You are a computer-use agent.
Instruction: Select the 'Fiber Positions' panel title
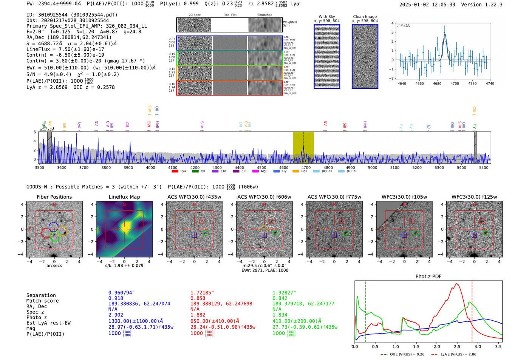(x=54, y=197)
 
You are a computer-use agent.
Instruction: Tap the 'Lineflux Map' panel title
(x=124, y=197)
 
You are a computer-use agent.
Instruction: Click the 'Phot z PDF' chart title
(x=428, y=277)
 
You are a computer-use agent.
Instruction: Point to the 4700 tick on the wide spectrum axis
(x=306, y=167)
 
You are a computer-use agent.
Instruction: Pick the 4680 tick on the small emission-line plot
(x=437, y=83)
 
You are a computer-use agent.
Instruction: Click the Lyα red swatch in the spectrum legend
(x=175, y=172)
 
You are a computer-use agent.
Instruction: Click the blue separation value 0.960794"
(x=121, y=293)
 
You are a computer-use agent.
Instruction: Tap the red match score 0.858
(x=198, y=298)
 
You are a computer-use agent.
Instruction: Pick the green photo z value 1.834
(x=280, y=315)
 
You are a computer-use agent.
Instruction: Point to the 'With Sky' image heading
(x=326, y=17)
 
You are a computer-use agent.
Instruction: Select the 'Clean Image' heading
(x=365, y=17)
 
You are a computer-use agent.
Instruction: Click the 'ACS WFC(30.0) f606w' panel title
(x=264, y=197)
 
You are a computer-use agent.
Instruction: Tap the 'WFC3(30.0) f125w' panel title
(x=474, y=197)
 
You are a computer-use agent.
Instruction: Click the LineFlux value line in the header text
(x=65, y=49)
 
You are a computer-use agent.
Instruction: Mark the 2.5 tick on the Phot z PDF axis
(x=457, y=346)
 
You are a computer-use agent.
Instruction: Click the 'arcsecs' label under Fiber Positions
(x=54, y=266)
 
